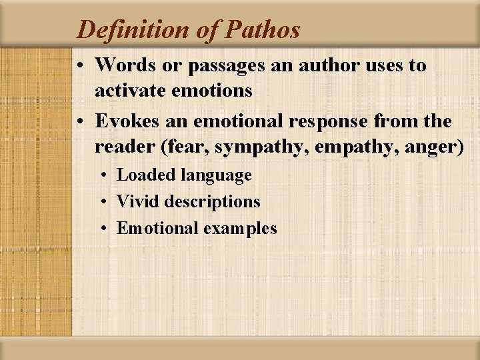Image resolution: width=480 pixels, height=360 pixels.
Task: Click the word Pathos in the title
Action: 263,29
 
